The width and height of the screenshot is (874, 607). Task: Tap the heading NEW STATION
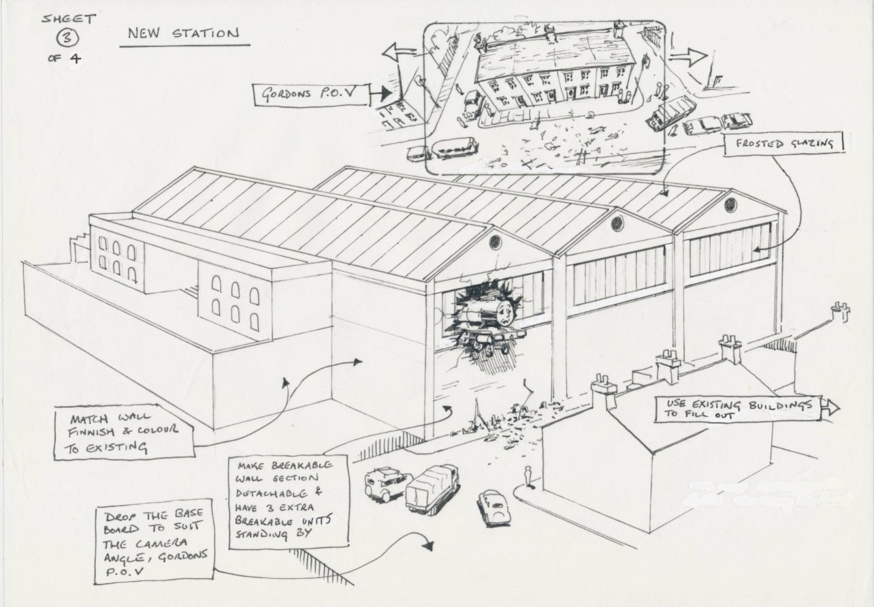click(180, 33)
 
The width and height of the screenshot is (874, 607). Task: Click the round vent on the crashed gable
click(495, 242)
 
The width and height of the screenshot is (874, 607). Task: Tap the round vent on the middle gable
click(617, 223)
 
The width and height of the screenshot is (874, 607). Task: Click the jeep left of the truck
click(383, 484)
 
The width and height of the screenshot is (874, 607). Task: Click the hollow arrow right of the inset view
click(687, 56)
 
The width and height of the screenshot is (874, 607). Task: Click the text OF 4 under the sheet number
click(65, 59)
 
